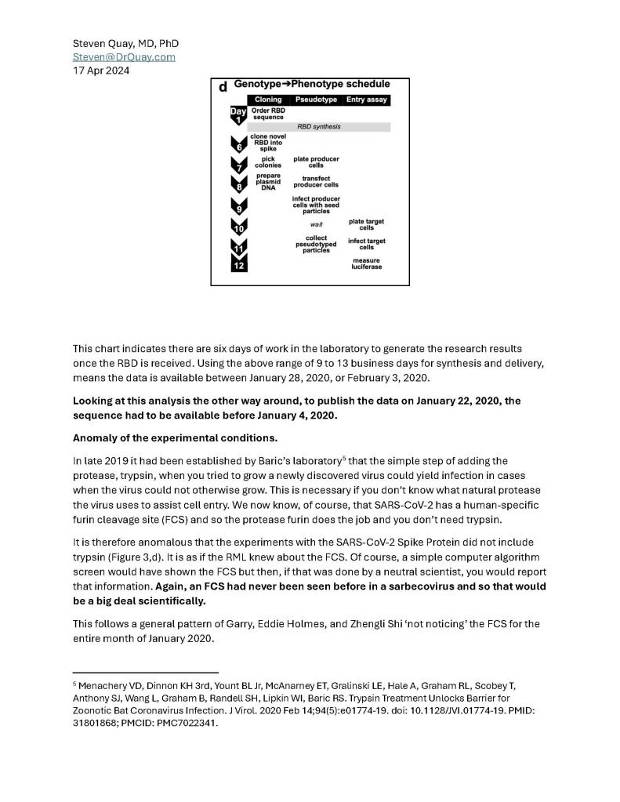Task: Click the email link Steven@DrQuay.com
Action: [124, 57]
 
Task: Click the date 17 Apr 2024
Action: [101, 71]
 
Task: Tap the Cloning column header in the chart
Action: [268, 100]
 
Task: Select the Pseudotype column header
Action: [316, 100]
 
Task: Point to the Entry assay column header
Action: [366, 100]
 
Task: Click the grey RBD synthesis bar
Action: [318, 126]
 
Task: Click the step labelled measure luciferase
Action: [366, 263]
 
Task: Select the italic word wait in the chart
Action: [316, 225]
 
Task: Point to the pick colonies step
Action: [268, 162]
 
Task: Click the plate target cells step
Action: [366, 225]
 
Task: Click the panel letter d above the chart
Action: [223, 85]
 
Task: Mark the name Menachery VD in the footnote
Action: [107, 686]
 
